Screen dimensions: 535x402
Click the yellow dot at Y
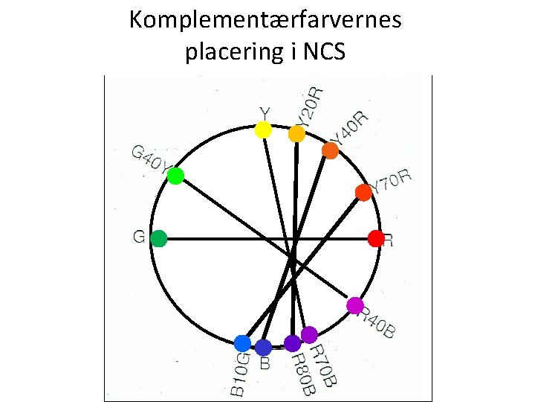263,130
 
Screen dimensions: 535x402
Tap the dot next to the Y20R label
296,134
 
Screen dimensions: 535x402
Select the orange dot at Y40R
330,150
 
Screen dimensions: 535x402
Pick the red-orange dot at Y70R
363,192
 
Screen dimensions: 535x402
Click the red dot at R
376,239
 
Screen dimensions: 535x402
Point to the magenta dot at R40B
355,305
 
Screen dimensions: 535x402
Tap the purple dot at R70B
309,335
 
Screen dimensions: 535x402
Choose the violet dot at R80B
292,343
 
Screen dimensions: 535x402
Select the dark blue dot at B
263,347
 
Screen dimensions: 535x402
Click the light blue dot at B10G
242,343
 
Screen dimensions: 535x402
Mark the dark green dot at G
158,239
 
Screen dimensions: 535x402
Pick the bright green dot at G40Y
175,176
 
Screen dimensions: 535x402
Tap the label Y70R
392,182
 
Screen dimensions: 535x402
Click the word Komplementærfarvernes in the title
265,19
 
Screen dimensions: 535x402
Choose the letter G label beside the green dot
138,237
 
